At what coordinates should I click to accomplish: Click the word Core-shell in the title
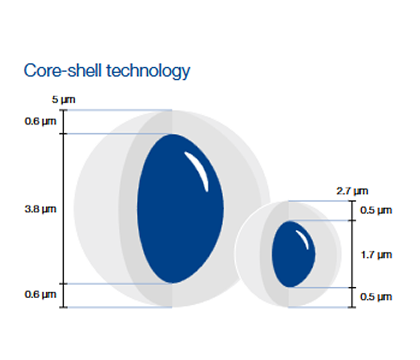tap(63, 71)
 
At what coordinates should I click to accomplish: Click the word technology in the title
tap(148, 71)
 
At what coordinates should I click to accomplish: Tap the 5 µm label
tap(64, 100)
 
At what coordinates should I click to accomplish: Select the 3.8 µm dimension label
tap(41, 209)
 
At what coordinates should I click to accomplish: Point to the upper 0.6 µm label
tap(41, 121)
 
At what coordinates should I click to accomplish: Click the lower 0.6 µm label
tap(41, 295)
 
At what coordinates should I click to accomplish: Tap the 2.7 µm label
tap(352, 191)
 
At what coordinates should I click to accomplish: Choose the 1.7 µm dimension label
tap(376, 255)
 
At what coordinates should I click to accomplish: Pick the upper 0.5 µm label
tap(376, 210)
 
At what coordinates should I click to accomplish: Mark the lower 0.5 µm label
tap(376, 297)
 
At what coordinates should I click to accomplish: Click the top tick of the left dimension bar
tap(64, 110)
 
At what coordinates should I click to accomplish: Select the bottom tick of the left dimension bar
tap(64, 307)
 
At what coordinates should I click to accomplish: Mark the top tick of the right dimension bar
tap(352, 200)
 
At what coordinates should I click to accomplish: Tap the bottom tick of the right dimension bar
tap(352, 307)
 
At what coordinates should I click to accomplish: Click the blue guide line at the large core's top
tap(119, 134)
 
